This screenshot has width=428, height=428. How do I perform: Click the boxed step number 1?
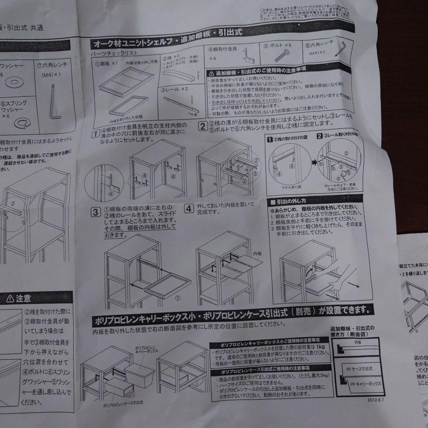click(x=95, y=134)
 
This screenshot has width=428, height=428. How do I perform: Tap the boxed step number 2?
click(x=202, y=127)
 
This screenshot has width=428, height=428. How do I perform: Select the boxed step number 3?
click(x=95, y=211)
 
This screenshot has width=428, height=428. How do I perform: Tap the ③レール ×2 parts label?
click(x=175, y=90)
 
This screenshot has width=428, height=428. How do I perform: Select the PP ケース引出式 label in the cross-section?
click(x=357, y=369)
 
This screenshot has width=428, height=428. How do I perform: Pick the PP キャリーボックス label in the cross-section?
click(x=365, y=384)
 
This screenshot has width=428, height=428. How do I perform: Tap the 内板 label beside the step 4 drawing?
click(x=257, y=252)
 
